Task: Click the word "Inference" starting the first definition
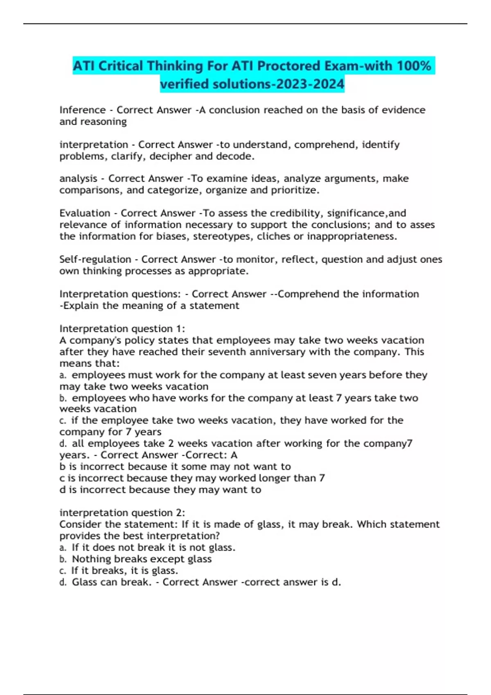[x=83, y=110]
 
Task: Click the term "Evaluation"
[x=85, y=213]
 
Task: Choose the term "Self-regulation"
[x=95, y=259]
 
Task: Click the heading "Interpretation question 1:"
[x=122, y=329]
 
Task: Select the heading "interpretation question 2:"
[x=122, y=513]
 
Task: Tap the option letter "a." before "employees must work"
[x=63, y=375]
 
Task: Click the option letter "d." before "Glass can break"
[x=63, y=582]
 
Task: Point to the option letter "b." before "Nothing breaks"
[x=63, y=559]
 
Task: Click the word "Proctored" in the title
[x=288, y=66]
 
